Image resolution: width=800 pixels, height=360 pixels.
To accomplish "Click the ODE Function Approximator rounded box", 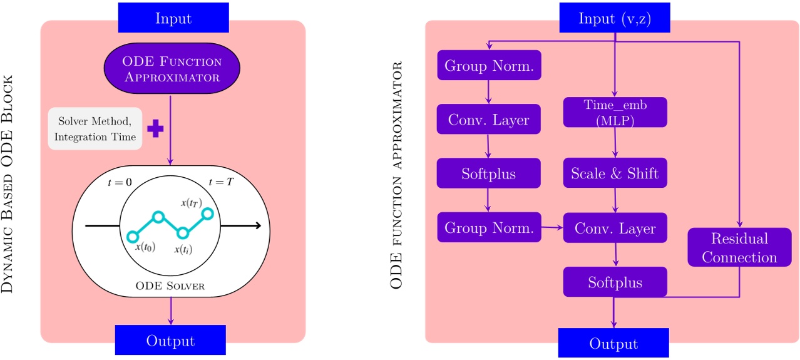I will point(172,69).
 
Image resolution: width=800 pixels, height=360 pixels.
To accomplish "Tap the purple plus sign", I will point(155,128).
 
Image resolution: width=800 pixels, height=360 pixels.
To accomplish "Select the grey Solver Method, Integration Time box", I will point(96,128).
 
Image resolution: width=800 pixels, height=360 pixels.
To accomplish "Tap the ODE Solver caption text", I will point(170,286).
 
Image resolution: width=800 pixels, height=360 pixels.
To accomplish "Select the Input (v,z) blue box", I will point(615,19).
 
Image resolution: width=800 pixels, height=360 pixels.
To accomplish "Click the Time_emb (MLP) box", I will point(615,112).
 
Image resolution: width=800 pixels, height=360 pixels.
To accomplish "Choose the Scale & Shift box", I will point(615,173).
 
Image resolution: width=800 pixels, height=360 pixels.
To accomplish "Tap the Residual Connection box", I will point(739,248).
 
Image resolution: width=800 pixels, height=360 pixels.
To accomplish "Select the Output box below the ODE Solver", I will point(170,341).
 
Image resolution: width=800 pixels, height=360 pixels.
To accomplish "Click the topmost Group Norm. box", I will point(489,65).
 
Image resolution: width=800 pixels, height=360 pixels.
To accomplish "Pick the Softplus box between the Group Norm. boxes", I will point(489,173).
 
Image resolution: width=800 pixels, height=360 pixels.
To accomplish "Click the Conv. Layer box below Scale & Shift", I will point(615,229).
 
